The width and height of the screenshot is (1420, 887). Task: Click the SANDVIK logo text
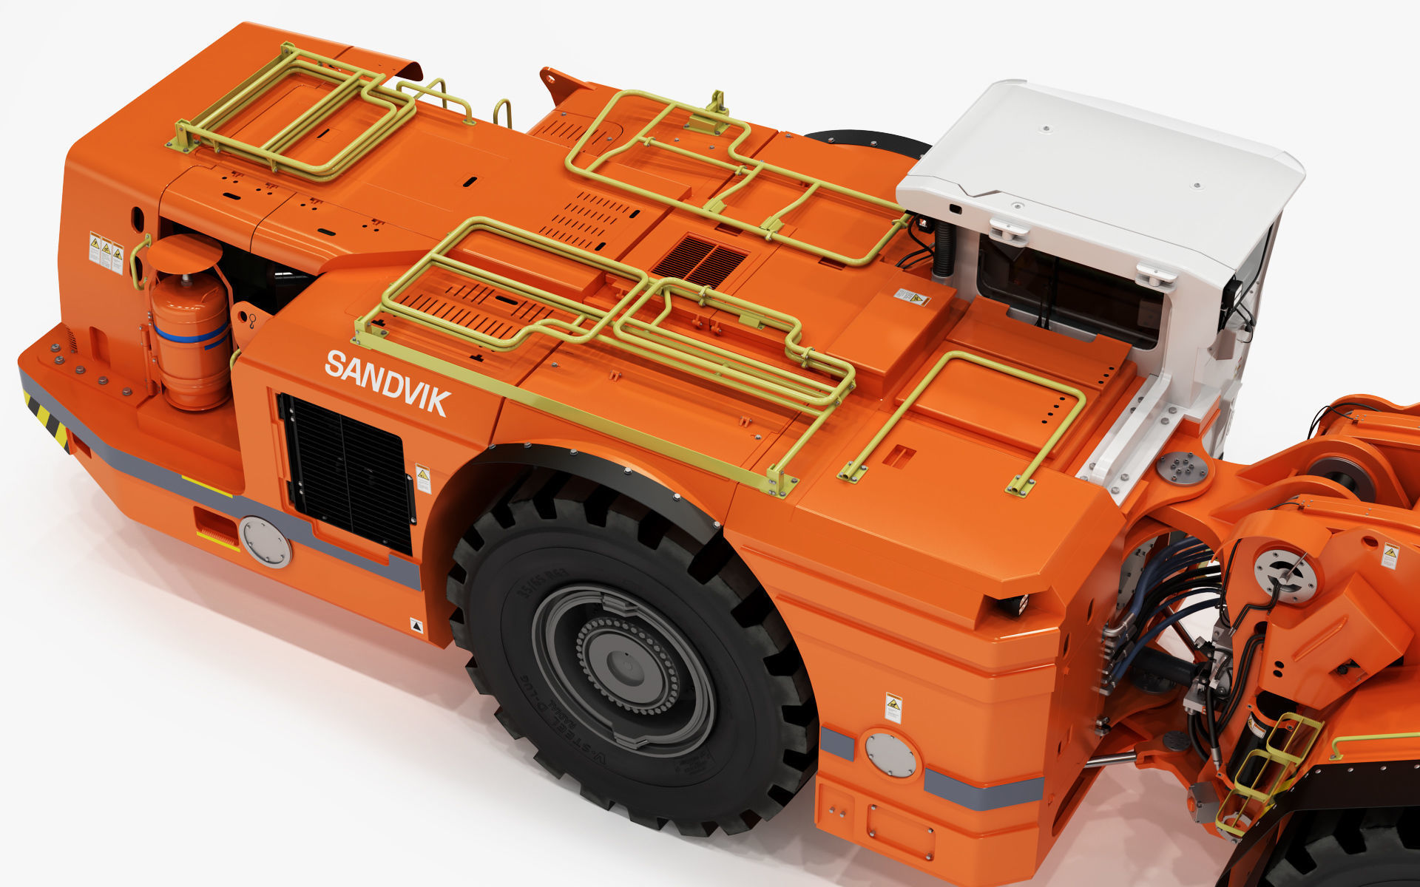click(387, 383)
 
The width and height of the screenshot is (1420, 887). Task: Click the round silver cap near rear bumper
click(265, 541)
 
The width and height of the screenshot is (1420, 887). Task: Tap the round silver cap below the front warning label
click(890, 755)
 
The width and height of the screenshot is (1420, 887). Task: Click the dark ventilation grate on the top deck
click(700, 261)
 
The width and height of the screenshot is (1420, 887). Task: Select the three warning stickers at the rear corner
click(106, 253)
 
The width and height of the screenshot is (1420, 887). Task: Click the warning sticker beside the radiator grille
click(423, 478)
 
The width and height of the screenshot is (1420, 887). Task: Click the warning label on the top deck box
click(911, 297)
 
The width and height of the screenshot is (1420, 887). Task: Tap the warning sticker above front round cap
click(893, 707)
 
